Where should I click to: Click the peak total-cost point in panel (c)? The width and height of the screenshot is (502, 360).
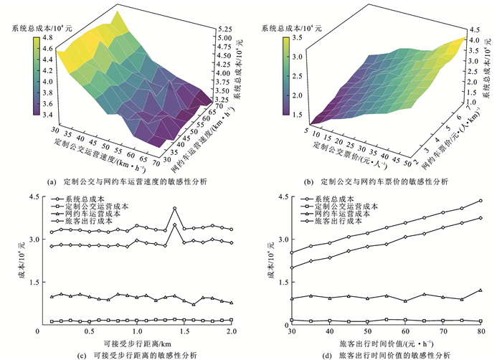pyautogui.click(x=174, y=209)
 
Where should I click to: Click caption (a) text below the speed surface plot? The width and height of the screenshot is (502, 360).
pyautogui.click(x=127, y=181)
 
